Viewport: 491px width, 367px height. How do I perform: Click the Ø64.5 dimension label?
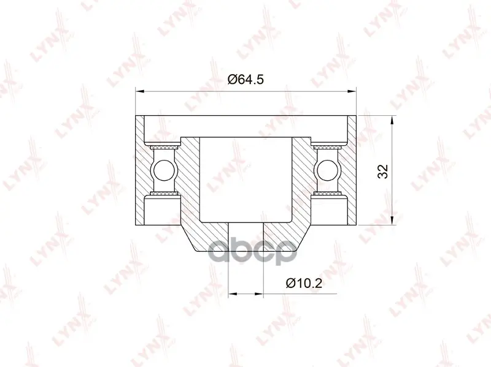[x=245, y=80]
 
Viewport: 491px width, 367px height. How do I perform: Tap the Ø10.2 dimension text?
[x=304, y=283]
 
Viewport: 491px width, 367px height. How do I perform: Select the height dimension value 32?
[x=382, y=171]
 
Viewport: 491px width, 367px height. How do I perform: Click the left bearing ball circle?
[x=163, y=170]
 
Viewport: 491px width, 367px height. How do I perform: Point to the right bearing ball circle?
[x=328, y=170]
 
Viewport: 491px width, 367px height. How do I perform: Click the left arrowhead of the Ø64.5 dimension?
[x=140, y=91]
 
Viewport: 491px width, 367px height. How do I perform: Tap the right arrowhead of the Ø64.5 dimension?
[x=352, y=91]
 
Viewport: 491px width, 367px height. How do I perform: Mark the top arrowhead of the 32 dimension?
[x=392, y=120]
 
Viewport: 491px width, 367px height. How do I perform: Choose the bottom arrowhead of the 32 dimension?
[x=392, y=221]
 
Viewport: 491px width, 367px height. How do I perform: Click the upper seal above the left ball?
[x=163, y=146]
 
